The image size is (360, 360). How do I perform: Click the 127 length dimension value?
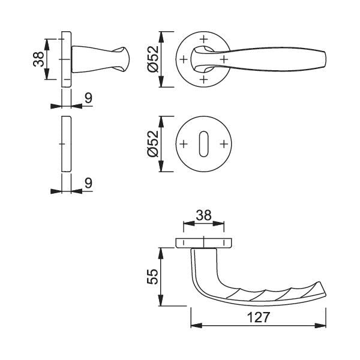[x=258, y=317]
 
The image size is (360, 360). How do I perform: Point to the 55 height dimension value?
[x=152, y=277]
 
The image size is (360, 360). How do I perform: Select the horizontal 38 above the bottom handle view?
[x=203, y=215]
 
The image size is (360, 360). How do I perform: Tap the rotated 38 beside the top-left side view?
[x=38, y=59]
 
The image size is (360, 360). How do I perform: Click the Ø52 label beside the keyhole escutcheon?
[x=153, y=144]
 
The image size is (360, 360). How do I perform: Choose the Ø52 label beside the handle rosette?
[x=153, y=59]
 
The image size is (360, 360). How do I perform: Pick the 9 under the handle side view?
[x=88, y=98]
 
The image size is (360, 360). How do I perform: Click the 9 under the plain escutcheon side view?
[x=88, y=183]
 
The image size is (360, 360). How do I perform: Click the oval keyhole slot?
[x=203, y=144]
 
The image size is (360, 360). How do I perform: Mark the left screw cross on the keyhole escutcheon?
[x=183, y=144]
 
